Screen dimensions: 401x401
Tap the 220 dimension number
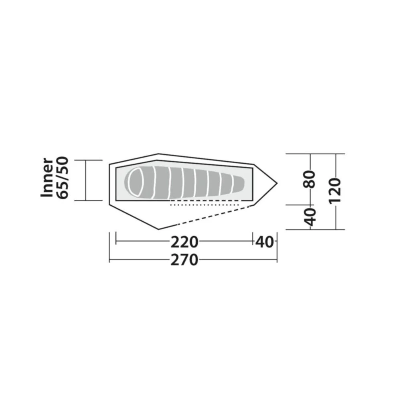184,242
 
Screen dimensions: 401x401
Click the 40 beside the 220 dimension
265,242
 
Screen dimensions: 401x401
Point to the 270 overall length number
184,260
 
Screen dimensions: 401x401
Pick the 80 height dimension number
311,180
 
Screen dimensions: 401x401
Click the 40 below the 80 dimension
311,217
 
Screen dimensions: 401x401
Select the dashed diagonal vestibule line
205,217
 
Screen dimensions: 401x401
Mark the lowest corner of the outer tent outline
159,229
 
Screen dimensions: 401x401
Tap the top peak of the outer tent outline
158,154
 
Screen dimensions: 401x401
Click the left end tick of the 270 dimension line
109,260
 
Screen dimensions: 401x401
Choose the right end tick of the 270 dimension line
277,260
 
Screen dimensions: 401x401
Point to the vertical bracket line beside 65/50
86,180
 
